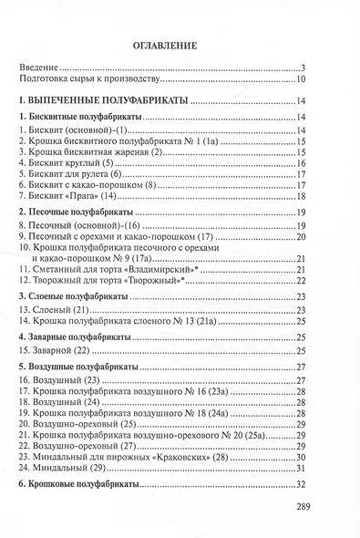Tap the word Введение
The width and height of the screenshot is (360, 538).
(x=40, y=68)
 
